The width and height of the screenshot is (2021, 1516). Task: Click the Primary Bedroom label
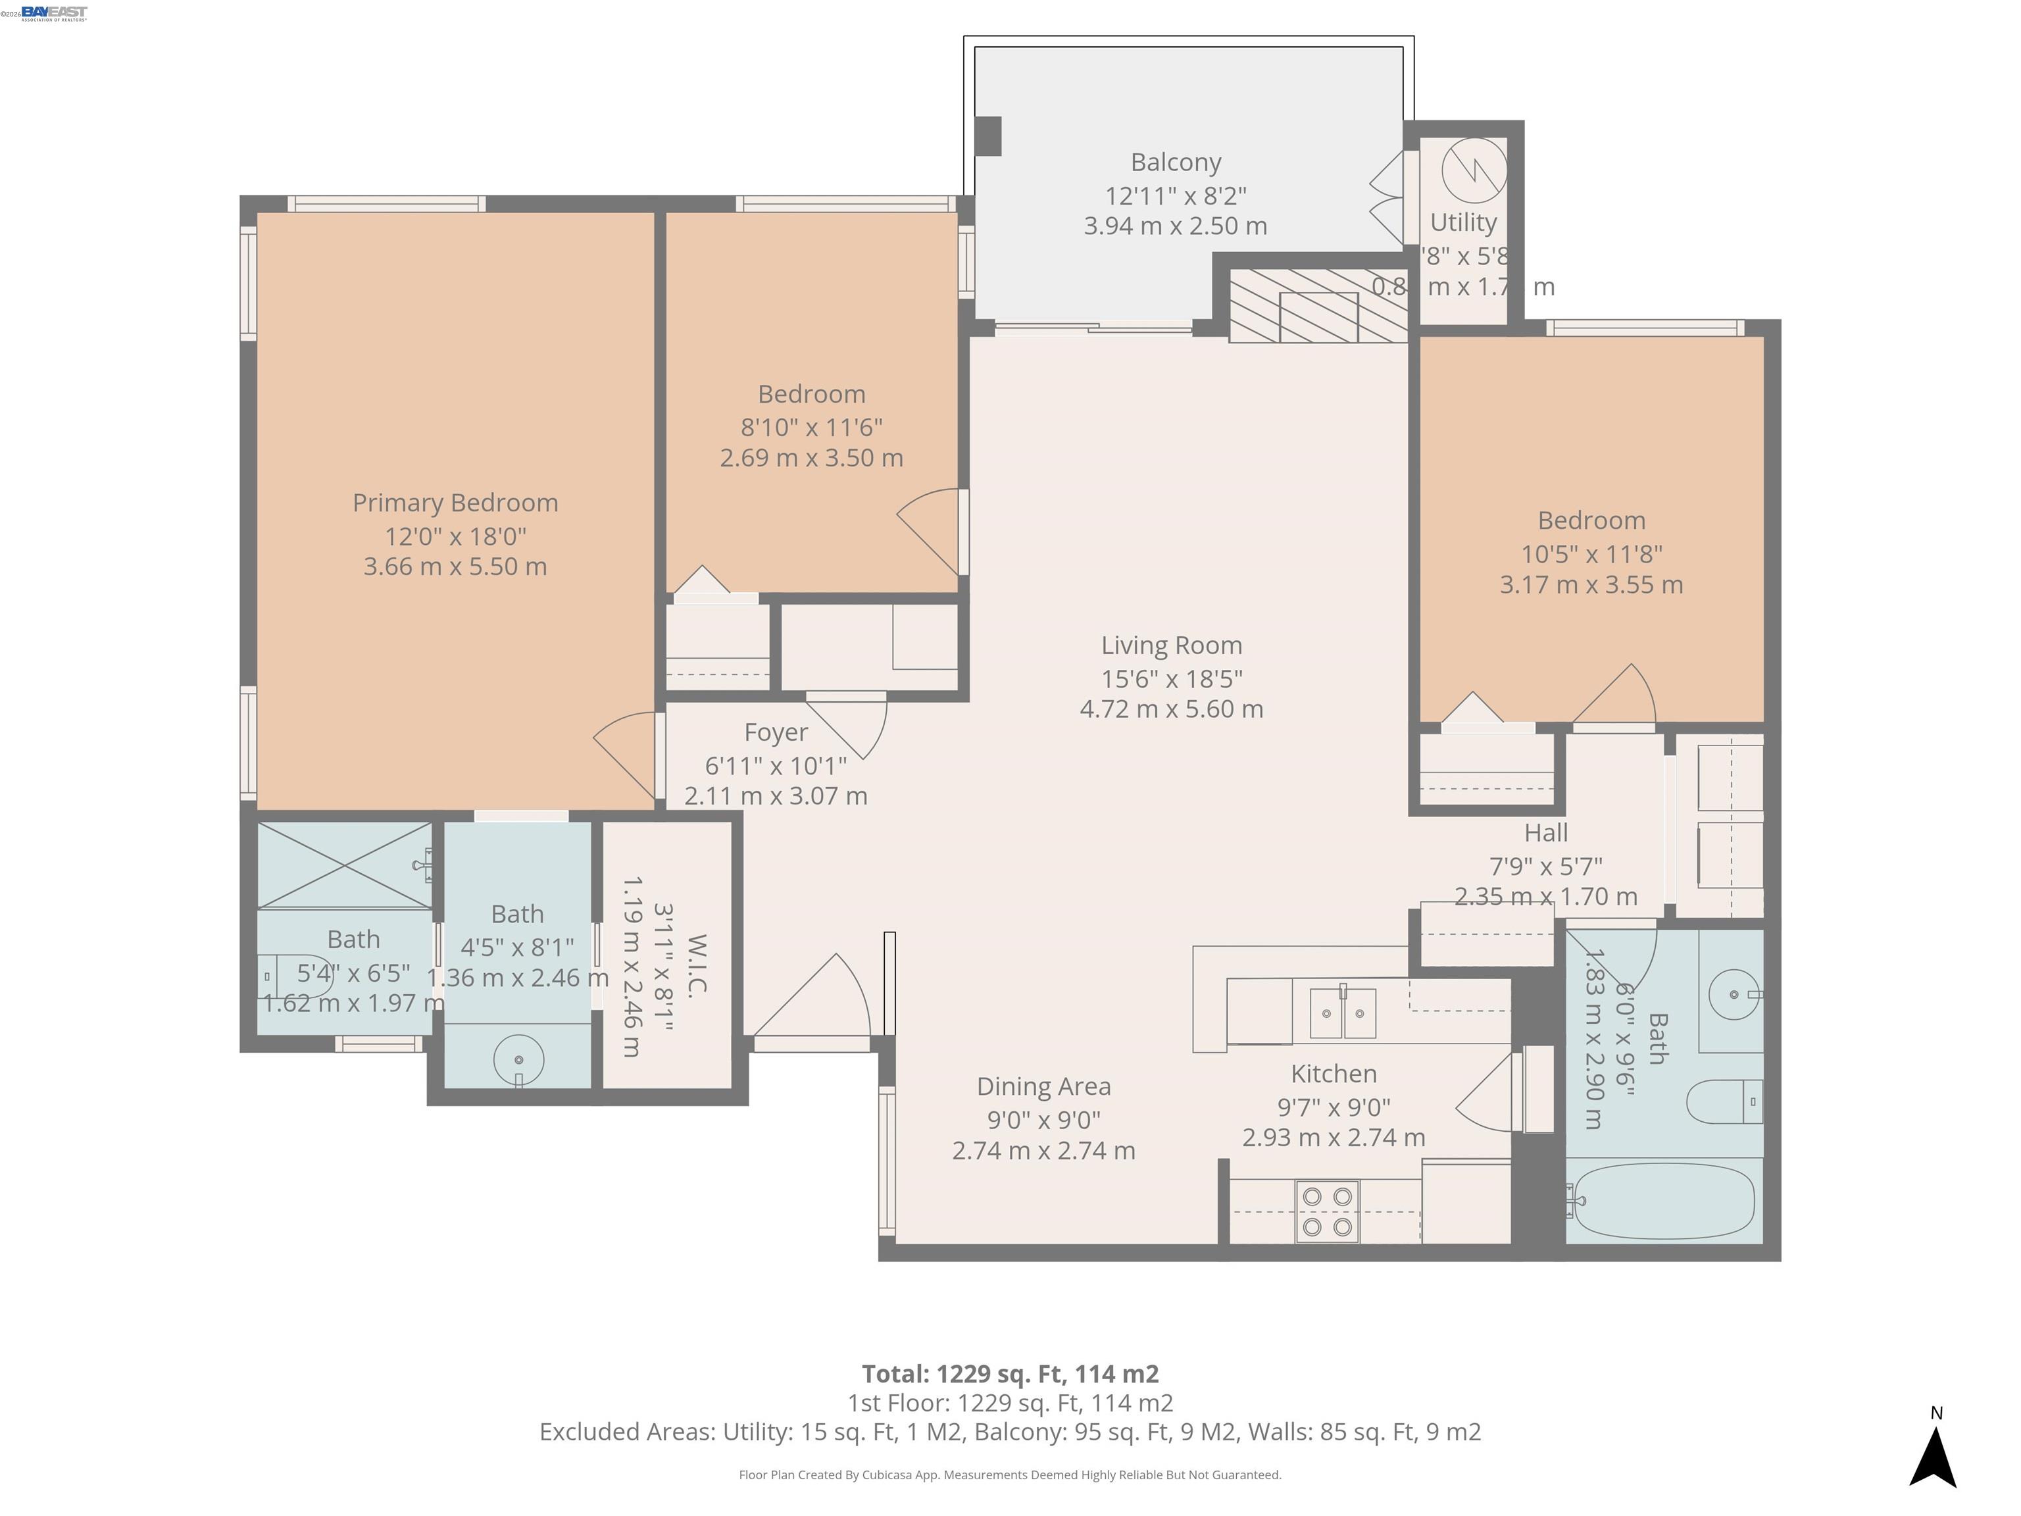pyautogui.click(x=455, y=503)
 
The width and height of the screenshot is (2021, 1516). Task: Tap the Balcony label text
pyautogui.click(x=1175, y=163)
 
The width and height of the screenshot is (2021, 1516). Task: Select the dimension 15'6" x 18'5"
pyautogui.click(x=1171, y=679)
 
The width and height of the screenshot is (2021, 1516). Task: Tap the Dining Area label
pyautogui.click(x=1043, y=1086)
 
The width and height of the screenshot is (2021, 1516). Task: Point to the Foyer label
pyautogui.click(x=776, y=732)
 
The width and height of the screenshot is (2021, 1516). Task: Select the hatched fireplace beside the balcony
pyautogui.click(x=1318, y=306)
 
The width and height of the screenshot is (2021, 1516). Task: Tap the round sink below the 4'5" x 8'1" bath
pyautogui.click(x=518, y=1060)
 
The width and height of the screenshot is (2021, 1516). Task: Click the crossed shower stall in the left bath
pyautogui.click(x=343, y=865)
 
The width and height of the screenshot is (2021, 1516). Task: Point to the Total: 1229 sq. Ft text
pyautogui.click(x=1010, y=1373)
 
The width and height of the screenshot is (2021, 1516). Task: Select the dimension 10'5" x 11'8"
pyautogui.click(x=1591, y=554)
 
